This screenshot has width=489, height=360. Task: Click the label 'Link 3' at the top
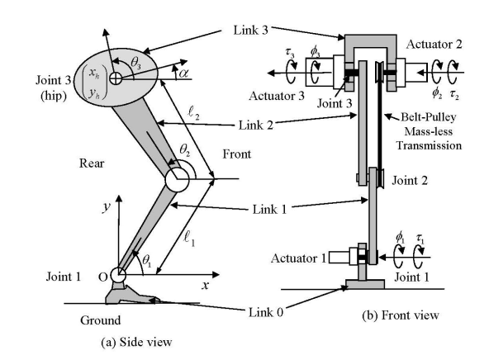[x=249, y=31]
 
